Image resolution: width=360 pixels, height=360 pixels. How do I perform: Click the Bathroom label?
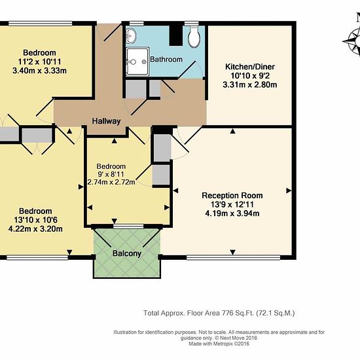(x=166, y=60)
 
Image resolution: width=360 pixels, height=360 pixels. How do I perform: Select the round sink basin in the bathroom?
(x=131, y=36)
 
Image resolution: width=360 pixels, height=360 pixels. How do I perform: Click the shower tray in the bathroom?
(x=137, y=62)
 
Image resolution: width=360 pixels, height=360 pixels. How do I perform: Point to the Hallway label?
(x=106, y=121)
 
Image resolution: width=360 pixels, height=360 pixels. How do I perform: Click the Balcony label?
(x=127, y=253)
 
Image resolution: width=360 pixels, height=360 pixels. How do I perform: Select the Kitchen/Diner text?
(x=250, y=67)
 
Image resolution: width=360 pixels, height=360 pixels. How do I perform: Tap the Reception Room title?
(x=232, y=196)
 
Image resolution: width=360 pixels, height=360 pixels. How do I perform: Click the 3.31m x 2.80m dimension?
(x=250, y=84)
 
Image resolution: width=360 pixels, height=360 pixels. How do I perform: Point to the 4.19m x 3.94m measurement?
(x=232, y=213)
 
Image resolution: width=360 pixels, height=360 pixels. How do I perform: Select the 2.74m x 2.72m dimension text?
(x=111, y=183)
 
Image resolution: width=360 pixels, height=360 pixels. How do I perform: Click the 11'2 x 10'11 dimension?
(x=39, y=62)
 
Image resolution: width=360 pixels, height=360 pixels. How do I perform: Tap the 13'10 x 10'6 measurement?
(x=35, y=220)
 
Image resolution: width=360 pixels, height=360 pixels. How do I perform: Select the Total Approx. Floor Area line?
(x=219, y=313)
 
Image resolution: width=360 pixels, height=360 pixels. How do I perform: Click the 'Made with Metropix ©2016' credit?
(x=219, y=344)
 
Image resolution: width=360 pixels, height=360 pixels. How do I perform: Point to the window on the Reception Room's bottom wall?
(x=233, y=258)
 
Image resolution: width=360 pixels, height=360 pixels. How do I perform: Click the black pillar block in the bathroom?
(x=176, y=35)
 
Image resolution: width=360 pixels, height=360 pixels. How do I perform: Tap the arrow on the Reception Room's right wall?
(x=289, y=190)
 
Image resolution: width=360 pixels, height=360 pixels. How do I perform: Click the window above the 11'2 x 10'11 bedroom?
(x=41, y=24)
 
